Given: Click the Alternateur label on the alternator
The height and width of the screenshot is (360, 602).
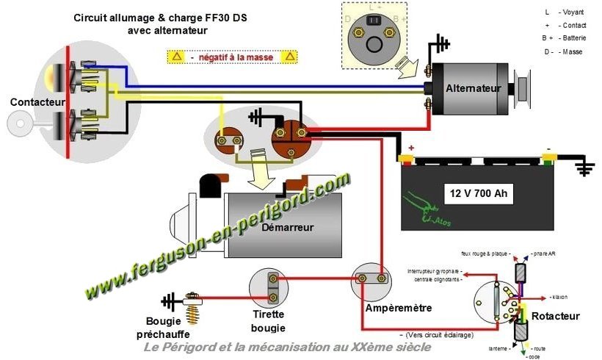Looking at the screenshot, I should click(474, 88).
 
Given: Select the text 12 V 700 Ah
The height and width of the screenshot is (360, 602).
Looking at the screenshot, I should click(478, 195).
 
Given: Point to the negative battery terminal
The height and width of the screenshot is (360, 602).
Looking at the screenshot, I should click(547, 155).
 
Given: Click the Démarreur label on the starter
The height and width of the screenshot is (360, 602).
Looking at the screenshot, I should click(287, 227).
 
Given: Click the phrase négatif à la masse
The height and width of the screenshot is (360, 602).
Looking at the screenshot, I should click(232, 57).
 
